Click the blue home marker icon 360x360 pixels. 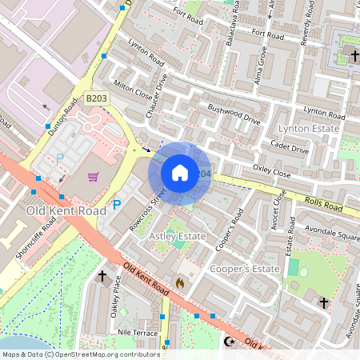point(180,173)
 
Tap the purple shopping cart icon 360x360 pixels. point(94,177)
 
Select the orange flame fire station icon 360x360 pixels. point(179,282)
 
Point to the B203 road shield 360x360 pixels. point(96,98)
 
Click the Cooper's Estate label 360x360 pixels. point(244,270)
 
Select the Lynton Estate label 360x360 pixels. point(308,128)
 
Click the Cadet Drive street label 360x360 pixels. point(290,144)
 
